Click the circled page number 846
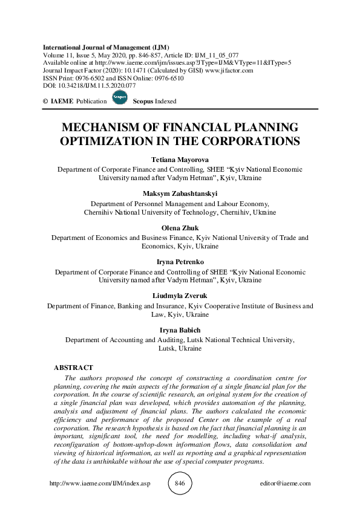coord(180,484)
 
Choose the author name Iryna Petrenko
coord(180,263)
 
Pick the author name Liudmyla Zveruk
coord(180,297)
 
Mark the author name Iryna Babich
coord(180,331)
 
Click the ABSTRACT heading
coord(73,368)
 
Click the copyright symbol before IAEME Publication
coord(46,102)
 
